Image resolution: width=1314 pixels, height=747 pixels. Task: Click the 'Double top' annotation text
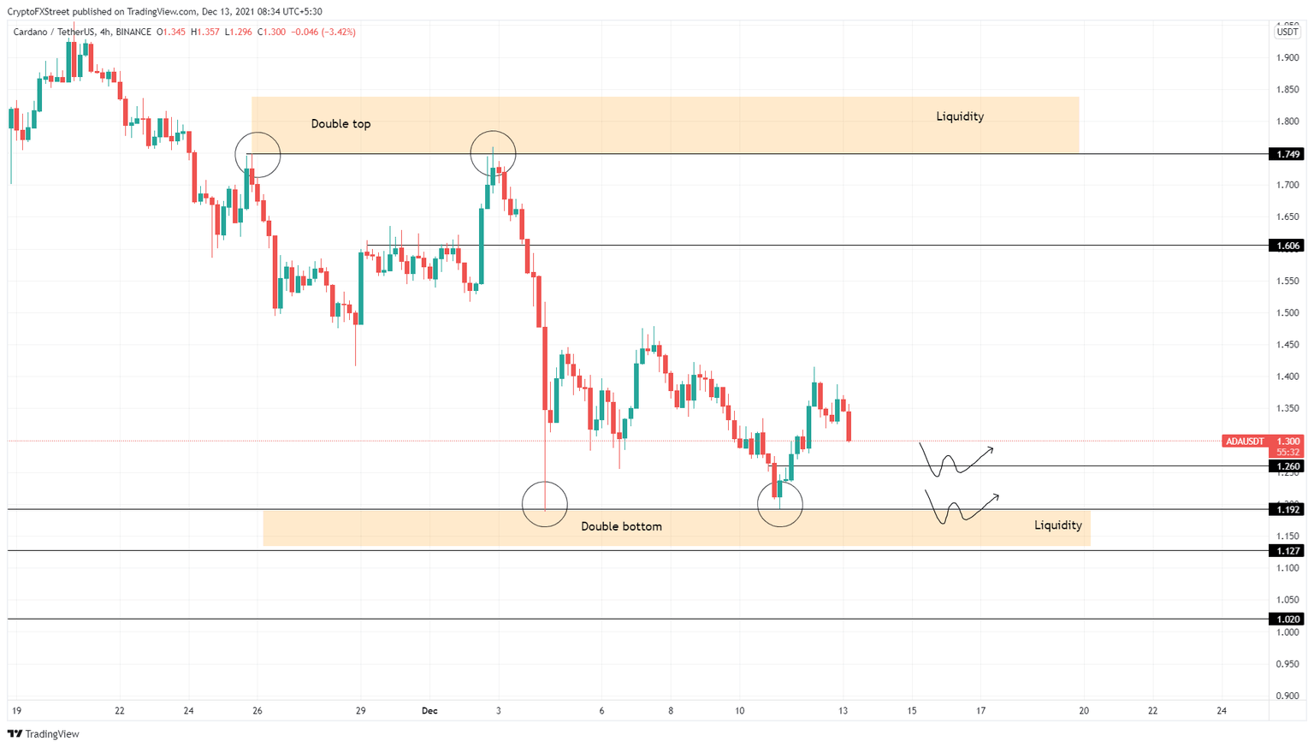[x=340, y=124]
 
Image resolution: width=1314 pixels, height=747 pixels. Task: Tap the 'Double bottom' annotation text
[x=621, y=526]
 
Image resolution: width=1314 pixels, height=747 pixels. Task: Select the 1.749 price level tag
[x=1287, y=154]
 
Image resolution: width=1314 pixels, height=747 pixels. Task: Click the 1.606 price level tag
[x=1287, y=246]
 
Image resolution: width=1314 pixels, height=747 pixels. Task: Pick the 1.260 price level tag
[x=1287, y=466]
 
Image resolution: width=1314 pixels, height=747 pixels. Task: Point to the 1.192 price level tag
[x=1287, y=509]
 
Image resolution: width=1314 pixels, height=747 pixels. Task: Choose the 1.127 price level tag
[x=1287, y=551]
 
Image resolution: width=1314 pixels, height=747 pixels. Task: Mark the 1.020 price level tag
[x=1287, y=619]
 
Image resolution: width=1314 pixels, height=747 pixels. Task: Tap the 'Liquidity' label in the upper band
[x=960, y=116]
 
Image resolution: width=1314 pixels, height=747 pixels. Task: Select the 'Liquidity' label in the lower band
[x=1057, y=525]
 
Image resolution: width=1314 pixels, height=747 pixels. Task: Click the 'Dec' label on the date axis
[x=429, y=711]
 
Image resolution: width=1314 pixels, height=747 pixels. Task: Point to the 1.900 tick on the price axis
[x=1287, y=57]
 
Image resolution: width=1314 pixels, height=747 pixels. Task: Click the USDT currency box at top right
[x=1287, y=32]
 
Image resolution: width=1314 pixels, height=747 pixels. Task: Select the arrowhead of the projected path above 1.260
[x=991, y=448]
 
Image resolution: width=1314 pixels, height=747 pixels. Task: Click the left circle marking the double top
[x=257, y=155]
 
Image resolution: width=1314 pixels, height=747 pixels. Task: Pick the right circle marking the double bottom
[x=780, y=503]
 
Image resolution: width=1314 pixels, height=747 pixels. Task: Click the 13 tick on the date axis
[x=843, y=711]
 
